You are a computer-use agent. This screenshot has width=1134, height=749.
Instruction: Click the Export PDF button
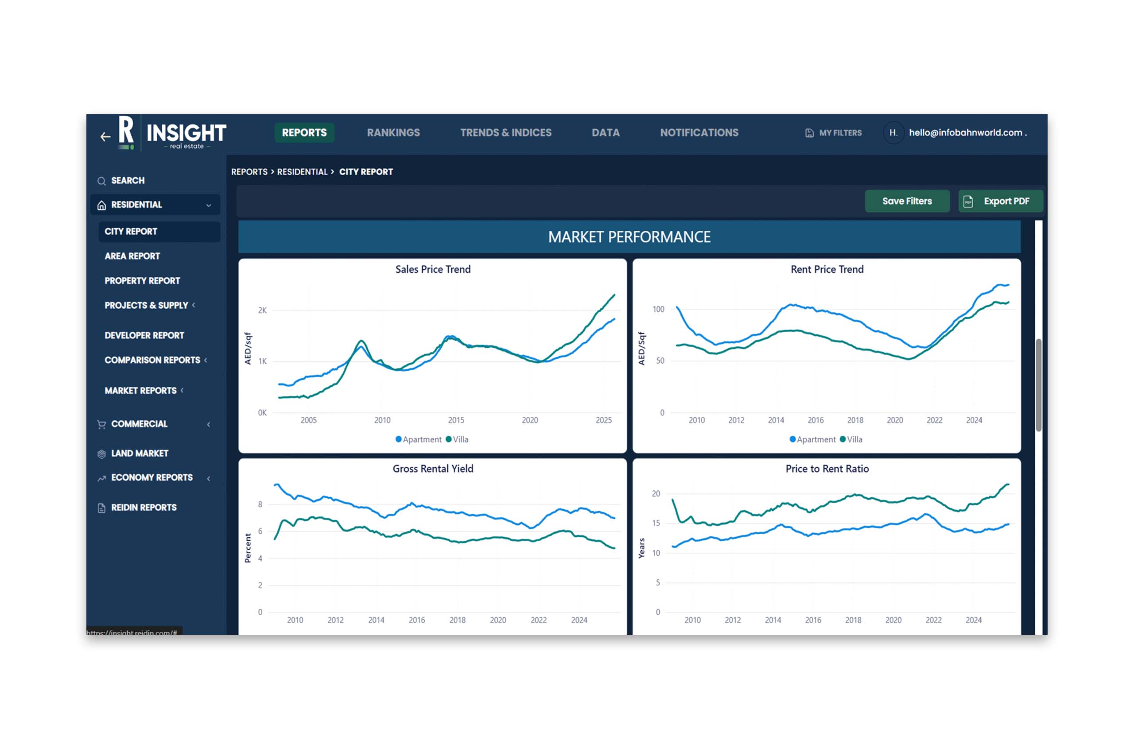coord(1001,201)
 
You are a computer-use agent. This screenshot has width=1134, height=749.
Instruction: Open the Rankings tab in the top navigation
coord(393,133)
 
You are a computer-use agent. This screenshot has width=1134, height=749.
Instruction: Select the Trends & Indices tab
coord(506,133)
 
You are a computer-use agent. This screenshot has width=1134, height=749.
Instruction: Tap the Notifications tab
coord(699,133)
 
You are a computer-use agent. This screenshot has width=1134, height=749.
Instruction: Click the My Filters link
coord(834,133)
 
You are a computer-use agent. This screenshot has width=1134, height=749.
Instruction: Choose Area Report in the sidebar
coord(132,256)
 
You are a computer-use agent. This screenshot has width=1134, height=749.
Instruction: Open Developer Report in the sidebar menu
coord(144,335)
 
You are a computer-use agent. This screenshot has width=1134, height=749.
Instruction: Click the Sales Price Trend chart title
coord(433,269)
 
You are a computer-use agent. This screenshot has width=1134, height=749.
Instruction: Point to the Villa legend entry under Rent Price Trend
coord(851,439)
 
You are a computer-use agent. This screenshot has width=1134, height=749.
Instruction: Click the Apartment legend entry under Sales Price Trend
coord(419,439)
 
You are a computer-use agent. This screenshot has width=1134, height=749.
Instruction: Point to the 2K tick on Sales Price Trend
coord(262,310)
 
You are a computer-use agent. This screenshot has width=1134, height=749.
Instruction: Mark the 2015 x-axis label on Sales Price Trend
coord(456,420)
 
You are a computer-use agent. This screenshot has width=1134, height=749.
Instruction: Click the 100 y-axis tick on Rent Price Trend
coord(658,310)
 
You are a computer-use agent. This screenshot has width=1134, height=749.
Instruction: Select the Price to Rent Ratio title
coord(827,469)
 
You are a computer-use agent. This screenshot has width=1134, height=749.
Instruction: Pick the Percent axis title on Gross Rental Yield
coord(248,548)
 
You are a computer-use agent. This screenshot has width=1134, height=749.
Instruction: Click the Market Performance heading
coord(629,237)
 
